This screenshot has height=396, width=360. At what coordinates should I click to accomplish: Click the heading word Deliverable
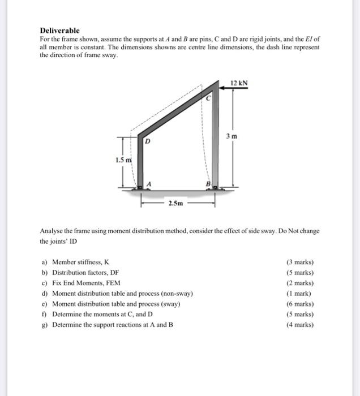point(59,30)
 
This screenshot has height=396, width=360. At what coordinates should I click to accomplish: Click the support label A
point(149,183)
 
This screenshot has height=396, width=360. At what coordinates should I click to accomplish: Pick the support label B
point(208,183)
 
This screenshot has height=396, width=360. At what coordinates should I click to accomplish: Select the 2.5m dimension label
point(175,203)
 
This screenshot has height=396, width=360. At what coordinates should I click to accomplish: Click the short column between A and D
point(139,164)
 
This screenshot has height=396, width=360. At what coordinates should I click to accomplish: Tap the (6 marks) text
point(300,304)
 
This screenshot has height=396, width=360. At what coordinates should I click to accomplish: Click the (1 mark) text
point(302,294)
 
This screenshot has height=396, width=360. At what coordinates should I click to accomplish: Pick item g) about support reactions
point(107,325)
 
